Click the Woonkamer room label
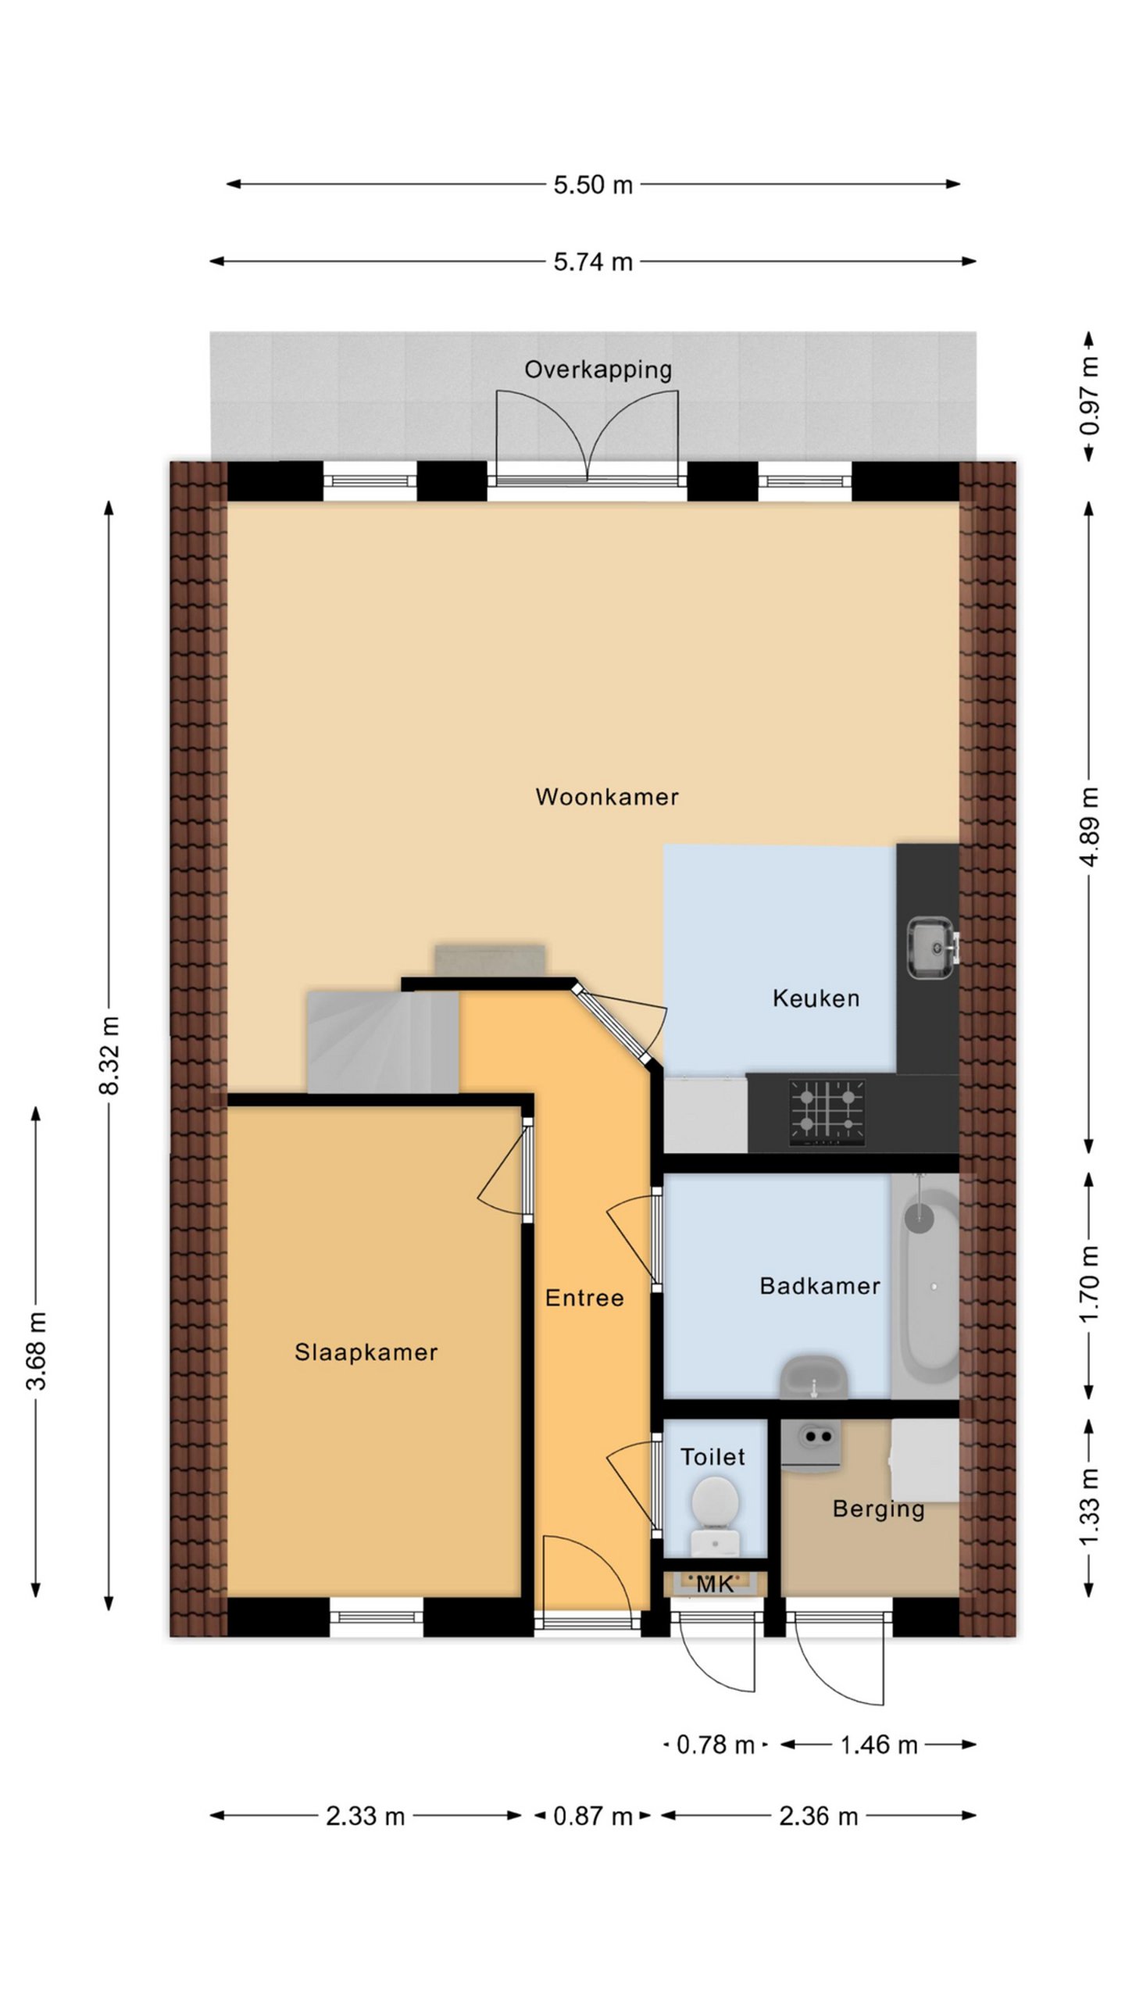pos(607,797)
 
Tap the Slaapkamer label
pos(366,1352)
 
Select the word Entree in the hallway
pos(584,1298)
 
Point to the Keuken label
pos(816,998)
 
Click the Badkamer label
pos(820,1285)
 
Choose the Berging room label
pos(878,1509)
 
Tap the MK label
pos(715,1584)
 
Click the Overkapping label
pos(598,370)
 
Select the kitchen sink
pos(932,948)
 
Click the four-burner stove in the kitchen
pos(827,1112)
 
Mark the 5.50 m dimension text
pos(593,185)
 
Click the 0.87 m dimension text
pos(592,1816)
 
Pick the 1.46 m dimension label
pos(878,1745)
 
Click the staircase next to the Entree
pos(382,1041)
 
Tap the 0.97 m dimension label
pos(1089,395)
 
